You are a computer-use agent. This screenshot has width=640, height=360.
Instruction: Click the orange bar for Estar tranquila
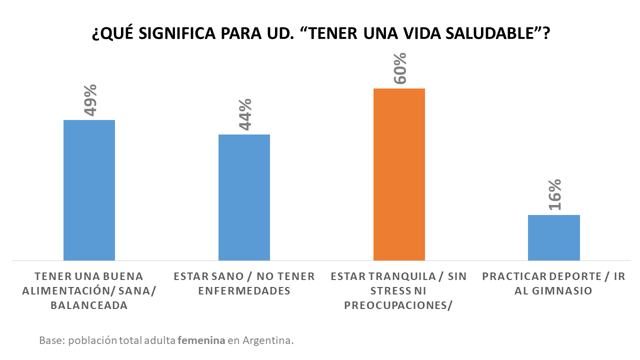click(399, 174)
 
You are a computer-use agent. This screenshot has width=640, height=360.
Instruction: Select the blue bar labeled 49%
click(89, 190)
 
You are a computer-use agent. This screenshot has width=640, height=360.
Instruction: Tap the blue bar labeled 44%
click(244, 197)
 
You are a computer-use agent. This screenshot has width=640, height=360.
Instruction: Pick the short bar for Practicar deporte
click(554, 237)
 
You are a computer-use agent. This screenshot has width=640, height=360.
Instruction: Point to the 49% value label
click(90, 99)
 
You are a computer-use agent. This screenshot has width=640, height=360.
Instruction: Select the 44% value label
click(244, 114)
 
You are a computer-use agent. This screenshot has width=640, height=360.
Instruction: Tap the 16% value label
click(554, 194)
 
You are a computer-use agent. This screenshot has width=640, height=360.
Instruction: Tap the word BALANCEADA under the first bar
click(89, 305)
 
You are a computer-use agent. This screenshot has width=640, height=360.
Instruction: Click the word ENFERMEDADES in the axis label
click(244, 291)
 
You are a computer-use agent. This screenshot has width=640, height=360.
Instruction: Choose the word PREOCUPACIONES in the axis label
click(398, 305)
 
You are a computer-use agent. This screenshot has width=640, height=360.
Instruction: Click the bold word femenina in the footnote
click(201, 341)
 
